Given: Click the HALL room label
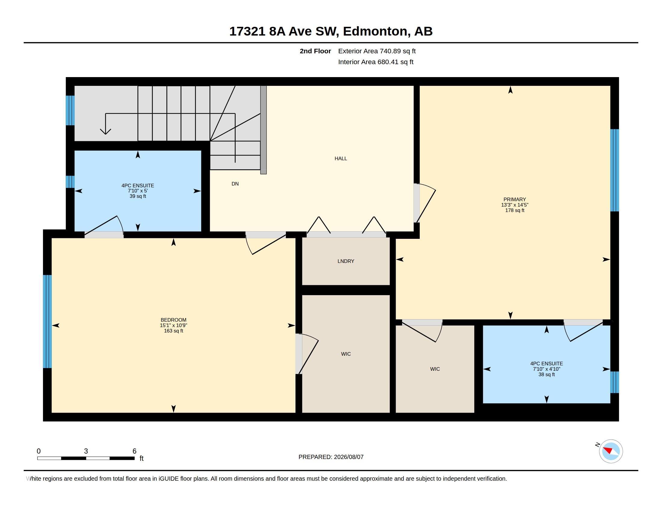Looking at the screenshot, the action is coord(341,158).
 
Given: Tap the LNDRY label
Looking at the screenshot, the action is coord(346,261).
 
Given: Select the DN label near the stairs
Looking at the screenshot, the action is coord(235,184).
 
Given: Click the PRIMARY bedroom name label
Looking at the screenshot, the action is coord(515,199).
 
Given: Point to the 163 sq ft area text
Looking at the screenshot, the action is coord(174,331).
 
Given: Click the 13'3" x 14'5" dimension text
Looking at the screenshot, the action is coord(515,205).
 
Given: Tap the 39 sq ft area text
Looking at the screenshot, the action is coord(138,196).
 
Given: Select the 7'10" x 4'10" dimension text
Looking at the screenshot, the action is coord(547,369).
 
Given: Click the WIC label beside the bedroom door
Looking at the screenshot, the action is coord(346,354).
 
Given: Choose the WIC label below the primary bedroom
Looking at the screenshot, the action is coord(435,369).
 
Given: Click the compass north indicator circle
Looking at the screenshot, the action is coord(611,451).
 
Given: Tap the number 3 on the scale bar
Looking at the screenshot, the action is coord(86,451).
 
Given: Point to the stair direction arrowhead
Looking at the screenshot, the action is coord(106,131).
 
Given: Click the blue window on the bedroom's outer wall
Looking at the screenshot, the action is coord(47,322).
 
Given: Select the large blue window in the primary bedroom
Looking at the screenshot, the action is coord(614,170).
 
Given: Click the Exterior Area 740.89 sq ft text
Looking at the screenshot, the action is coord(377,51).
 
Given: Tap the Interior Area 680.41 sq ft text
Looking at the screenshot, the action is coord(376,62).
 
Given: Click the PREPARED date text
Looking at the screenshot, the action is coord(331,457).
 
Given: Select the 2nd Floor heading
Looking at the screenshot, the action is coord(315,51).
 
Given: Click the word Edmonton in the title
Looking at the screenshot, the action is coord(375,31).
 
